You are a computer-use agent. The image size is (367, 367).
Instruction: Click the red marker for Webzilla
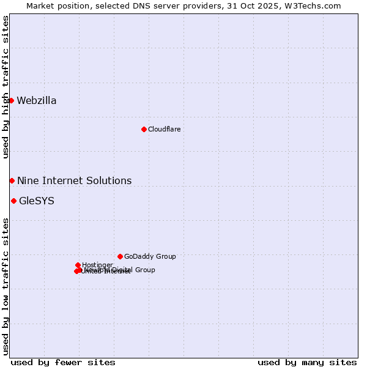pos(11,100)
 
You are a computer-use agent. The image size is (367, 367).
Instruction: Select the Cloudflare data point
pos(144,129)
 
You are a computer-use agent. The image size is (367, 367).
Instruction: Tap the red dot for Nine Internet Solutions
pos(12,180)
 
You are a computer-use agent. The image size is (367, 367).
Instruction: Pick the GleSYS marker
pos(13,201)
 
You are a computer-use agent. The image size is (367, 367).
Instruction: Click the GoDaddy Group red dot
pos(120,256)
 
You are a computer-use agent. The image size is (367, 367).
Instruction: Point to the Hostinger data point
pos(78,265)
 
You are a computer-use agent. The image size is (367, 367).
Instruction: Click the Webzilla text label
pos(37,101)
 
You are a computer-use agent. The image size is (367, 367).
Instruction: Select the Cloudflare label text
pos(164,130)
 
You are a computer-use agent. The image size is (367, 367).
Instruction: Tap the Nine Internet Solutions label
pos(74,181)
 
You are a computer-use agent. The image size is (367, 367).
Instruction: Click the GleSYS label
pos(37,201)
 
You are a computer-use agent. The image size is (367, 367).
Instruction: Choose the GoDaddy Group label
pos(150,257)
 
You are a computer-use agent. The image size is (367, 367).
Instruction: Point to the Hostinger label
pos(97,265)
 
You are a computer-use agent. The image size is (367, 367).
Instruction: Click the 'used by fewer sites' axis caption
pos(63,362)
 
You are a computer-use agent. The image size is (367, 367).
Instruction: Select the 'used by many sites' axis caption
pos(307,362)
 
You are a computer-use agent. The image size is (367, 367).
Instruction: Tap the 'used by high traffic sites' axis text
pos(6,87)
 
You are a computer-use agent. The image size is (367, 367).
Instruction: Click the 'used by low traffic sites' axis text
pos(6,286)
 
